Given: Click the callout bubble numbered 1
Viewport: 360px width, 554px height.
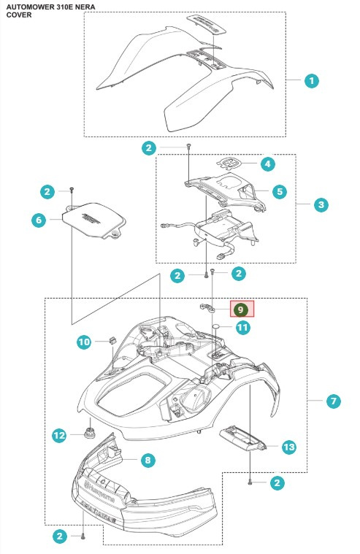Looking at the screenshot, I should [312, 81].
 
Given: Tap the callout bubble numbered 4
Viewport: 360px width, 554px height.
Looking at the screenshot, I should [268, 164].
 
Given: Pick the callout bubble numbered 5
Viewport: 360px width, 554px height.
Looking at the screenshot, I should [279, 191].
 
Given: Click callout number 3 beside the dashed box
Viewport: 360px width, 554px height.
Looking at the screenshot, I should [321, 205].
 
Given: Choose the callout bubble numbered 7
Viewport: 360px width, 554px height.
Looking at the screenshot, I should [333, 401].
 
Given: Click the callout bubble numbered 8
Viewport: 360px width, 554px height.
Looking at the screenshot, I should [148, 460].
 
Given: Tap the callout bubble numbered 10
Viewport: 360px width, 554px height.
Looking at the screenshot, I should [85, 342].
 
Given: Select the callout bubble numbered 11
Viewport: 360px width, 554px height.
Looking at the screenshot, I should [242, 328].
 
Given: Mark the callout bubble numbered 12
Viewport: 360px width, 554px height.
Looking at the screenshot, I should [59, 436].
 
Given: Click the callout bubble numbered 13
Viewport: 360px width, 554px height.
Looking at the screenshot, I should [289, 446].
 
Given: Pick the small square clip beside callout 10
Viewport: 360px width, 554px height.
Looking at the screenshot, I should [114, 339].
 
